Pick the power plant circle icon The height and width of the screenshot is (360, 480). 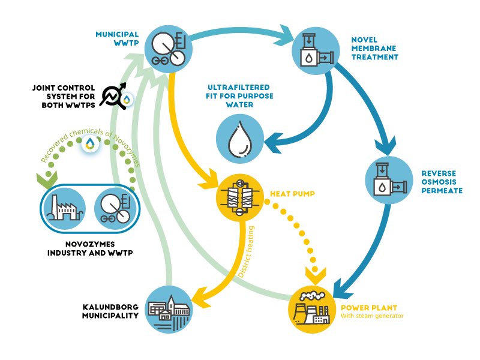click(311, 307)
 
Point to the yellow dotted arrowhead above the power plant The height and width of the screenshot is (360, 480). click(316, 274)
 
